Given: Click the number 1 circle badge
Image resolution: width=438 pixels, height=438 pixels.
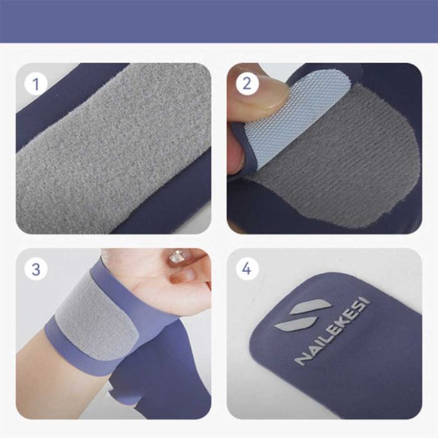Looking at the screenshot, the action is click(x=36, y=83).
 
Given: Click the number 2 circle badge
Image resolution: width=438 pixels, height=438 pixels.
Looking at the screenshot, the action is click(x=247, y=83).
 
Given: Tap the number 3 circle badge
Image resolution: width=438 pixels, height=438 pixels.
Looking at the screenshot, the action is click(x=36, y=269).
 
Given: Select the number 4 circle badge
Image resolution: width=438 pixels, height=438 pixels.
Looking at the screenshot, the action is click(x=247, y=269).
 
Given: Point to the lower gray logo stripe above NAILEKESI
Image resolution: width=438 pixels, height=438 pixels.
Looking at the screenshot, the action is click(x=296, y=324).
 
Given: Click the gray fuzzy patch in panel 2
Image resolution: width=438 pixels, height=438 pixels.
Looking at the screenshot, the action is click(x=344, y=156).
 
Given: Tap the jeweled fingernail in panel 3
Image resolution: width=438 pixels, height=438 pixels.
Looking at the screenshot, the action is click(x=176, y=257).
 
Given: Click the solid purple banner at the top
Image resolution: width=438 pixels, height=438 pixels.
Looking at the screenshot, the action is click(x=219, y=21).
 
